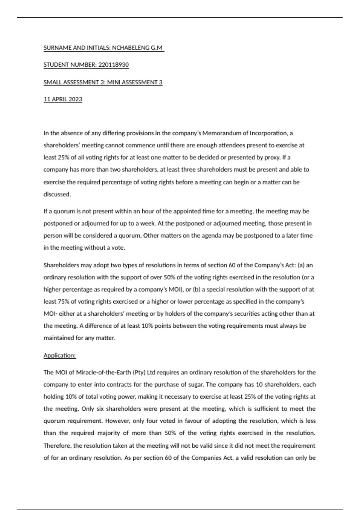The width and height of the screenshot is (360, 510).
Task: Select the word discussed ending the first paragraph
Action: click(x=57, y=194)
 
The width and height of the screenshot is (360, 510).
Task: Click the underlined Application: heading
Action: click(x=60, y=355)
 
